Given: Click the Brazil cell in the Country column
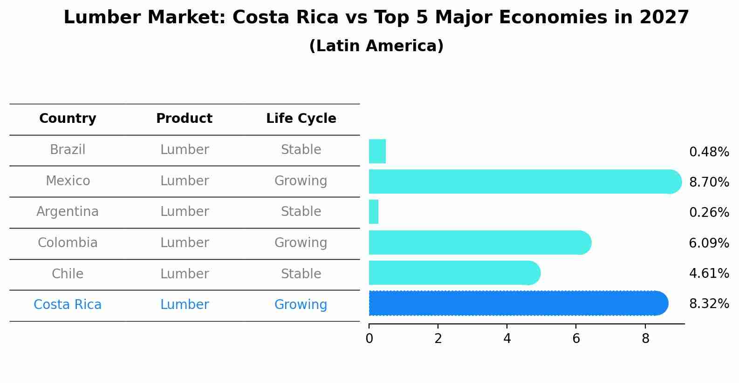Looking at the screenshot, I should (x=68, y=150).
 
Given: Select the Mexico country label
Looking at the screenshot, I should (x=68, y=181).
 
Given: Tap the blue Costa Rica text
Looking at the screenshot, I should (x=68, y=305).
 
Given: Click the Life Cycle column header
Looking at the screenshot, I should (x=301, y=119).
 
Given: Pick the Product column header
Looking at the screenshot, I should (x=184, y=119).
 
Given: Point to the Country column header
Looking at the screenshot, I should (x=68, y=119).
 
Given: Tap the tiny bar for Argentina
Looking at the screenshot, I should (x=374, y=212).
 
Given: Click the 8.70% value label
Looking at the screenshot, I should (x=709, y=182).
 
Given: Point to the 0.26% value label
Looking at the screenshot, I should (x=709, y=213).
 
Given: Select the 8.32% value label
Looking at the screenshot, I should (x=709, y=304).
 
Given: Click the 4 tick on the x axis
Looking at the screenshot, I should (x=507, y=339).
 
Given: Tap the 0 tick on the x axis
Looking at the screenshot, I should (x=369, y=339).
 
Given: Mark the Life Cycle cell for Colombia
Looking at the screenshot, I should (x=301, y=243).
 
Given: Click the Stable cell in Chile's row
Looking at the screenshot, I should (x=301, y=274).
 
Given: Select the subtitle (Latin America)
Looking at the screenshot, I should (x=376, y=46).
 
